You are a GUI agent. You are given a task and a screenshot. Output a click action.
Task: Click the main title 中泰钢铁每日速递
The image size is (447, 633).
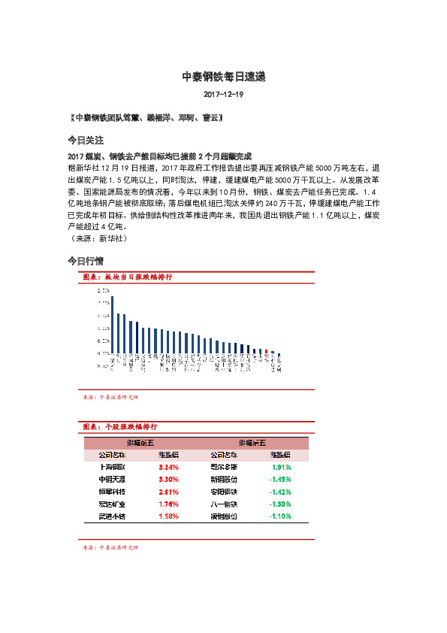pyautogui.click(x=223, y=77)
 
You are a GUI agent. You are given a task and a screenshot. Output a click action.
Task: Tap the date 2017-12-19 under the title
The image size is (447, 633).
pyautogui.click(x=223, y=95)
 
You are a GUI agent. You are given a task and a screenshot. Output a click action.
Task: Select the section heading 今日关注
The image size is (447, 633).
pyautogui.click(x=85, y=141)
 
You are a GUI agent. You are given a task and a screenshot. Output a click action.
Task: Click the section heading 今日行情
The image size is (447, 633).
pyautogui.click(x=85, y=261)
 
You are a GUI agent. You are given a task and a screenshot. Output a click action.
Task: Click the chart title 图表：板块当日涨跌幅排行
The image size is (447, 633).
pyautogui.click(x=127, y=277)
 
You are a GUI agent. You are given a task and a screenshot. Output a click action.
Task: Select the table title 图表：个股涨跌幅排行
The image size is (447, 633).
pyautogui.click(x=127, y=426)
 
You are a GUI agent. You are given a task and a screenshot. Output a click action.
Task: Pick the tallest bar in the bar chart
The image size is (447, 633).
pyautogui.click(x=112, y=324)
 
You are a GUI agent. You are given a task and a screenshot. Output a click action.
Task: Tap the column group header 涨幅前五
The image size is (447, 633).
pyautogui.click(x=140, y=444)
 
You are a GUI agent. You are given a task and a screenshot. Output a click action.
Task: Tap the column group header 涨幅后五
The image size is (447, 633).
pyautogui.click(x=251, y=444)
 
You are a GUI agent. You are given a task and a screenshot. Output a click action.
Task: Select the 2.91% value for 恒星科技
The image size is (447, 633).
pyautogui.click(x=168, y=492)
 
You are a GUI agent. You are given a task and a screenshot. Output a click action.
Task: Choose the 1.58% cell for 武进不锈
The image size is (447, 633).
pyautogui.click(x=168, y=516)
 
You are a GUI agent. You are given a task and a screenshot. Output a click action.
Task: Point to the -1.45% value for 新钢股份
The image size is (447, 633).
pyautogui.click(x=279, y=480)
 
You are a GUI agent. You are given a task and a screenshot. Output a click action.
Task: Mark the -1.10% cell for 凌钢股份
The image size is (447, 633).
pyautogui.click(x=279, y=516)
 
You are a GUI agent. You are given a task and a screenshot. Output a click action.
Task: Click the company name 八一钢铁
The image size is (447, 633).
pyautogui.click(x=224, y=504)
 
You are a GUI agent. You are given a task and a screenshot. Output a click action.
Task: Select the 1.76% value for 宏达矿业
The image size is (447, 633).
pyautogui.click(x=168, y=504)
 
